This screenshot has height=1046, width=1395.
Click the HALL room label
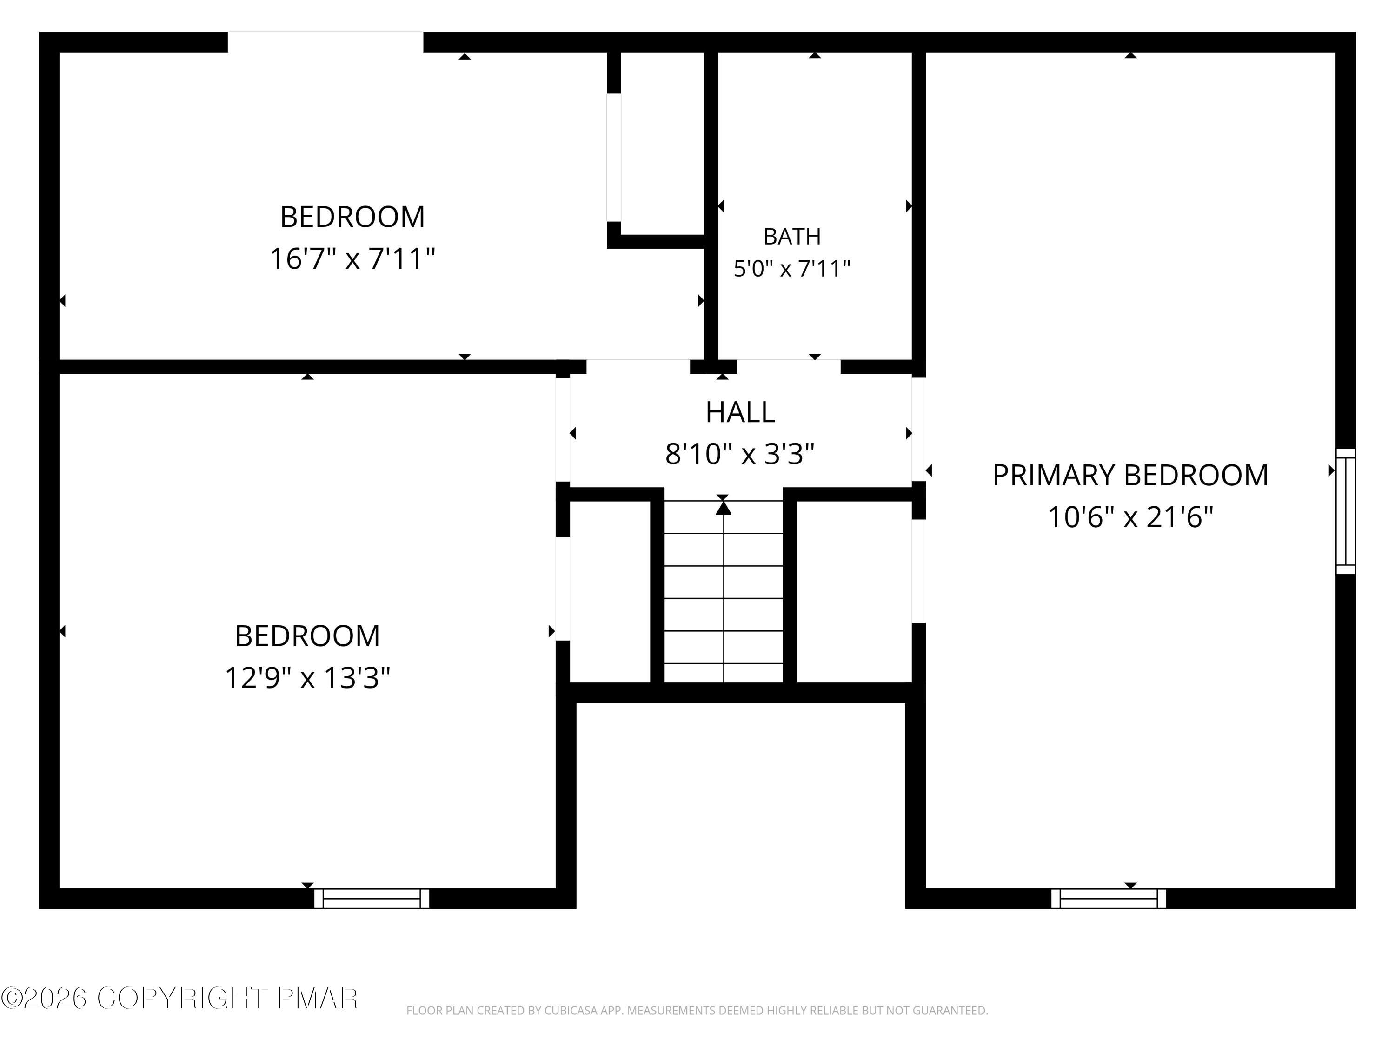pos(740,412)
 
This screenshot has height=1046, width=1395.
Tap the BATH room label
pos(792,237)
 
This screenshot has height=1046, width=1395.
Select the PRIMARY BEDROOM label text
pos(1130,476)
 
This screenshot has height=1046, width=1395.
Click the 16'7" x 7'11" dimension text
pos(352,258)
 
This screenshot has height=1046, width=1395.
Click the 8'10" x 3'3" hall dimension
pos(740,453)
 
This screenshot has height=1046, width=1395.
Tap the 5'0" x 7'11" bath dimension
pos(792,269)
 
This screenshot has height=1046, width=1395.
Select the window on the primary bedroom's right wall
pos(1346,511)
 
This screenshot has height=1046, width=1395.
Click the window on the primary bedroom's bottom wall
pos(1109,899)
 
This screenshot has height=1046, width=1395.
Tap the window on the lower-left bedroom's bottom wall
pos(372,899)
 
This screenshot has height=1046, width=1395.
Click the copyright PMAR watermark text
pos(180,998)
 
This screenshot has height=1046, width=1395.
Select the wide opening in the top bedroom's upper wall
pos(325,42)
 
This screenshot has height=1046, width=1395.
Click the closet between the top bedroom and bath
pos(662,143)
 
